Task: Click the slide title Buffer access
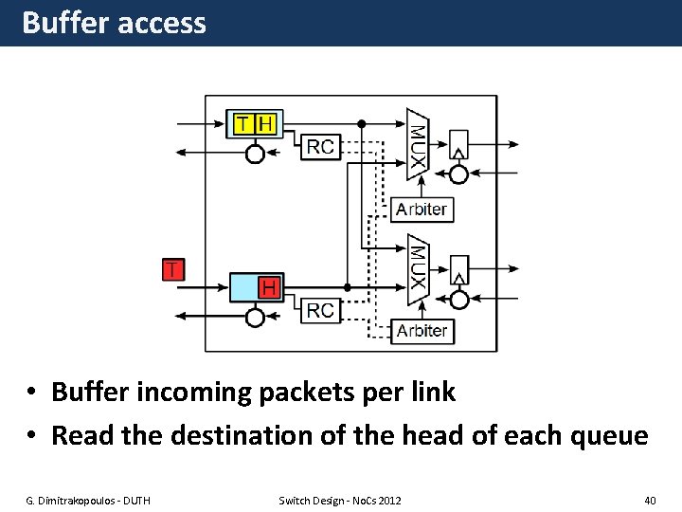point(114,23)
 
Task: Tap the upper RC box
point(321,146)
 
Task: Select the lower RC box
point(321,310)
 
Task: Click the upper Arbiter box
point(421,210)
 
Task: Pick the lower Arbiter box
point(421,331)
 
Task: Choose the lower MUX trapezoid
point(418,269)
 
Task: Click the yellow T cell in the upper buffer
point(243,124)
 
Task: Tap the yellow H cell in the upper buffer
point(266,124)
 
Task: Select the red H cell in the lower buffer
point(270,286)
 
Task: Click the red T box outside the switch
point(172,269)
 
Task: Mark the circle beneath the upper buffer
point(255,154)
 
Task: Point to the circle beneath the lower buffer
point(255,317)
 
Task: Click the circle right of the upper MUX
point(458,174)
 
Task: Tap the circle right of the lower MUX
point(458,300)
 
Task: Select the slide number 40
point(649,500)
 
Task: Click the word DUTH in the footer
point(132,500)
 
